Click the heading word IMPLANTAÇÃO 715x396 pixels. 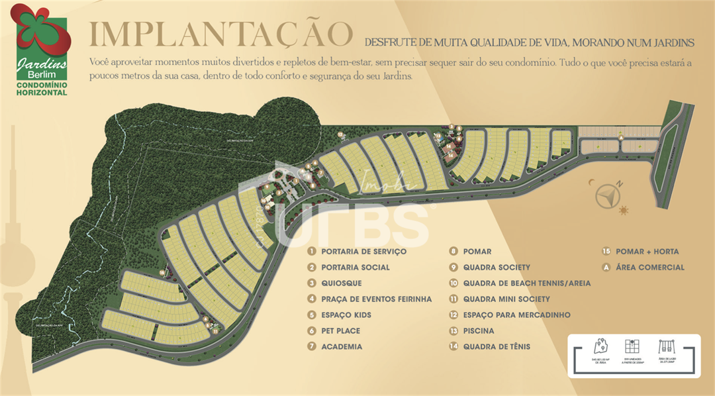[x=220, y=34]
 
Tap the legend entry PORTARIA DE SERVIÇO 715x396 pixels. [x=363, y=252]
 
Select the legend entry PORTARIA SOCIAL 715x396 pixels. [x=355, y=268]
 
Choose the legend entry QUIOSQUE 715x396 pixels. [x=342, y=283]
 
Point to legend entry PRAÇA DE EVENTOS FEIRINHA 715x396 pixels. [x=376, y=299]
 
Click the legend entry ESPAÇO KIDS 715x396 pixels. [x=346, y=315]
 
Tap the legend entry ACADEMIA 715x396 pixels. [x=342, y=347]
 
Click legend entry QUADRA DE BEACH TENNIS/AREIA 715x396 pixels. [x=526, y=283]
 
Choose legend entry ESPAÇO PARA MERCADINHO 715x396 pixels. [x=516, y=315]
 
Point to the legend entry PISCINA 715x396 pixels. [x=479, y=331]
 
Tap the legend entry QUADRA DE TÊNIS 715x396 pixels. [x=497, y=347]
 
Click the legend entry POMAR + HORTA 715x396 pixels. [x=647, y=252]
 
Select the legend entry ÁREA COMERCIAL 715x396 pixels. [x=649, y=268]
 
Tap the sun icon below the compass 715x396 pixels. [x=624, y=211]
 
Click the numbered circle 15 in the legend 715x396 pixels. [x=606, y=252]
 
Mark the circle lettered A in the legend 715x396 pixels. [x=606, y=268]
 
